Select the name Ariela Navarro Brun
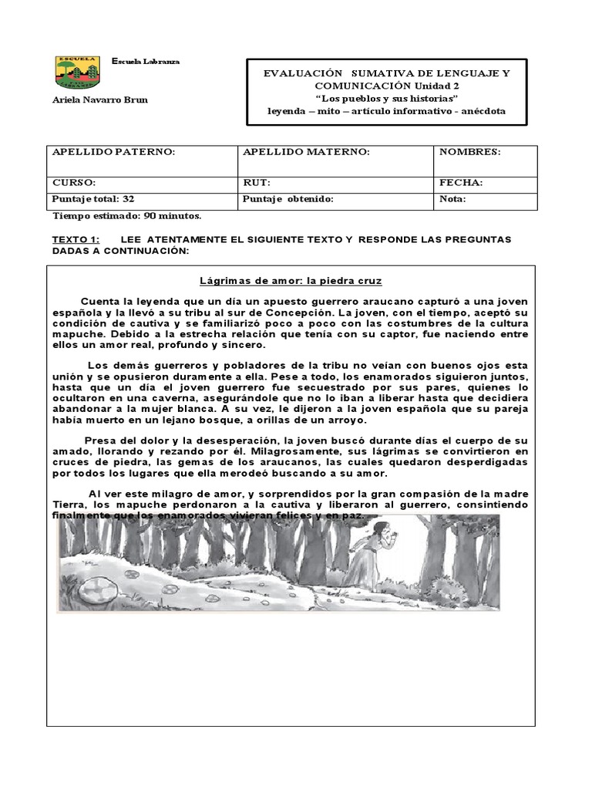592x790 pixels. click(99, 100)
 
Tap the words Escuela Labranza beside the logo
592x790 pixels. click(146, 61)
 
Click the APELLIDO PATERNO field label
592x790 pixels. click(113, 152)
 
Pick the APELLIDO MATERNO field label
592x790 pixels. click(306, 152)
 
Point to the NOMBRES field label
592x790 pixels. click(469, 152)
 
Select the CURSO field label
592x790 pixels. click(74, 183)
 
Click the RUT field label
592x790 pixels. click(256, 183)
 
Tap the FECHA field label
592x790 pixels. click(461, 183)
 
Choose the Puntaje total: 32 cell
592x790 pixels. click(93, 199)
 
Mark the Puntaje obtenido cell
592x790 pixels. click(288, 199)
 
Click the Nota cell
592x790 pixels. click(452, 199)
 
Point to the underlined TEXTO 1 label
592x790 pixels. click(76, 240)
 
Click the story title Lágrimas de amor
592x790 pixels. click(291, 281)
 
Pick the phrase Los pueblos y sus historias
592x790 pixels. click(386, 100)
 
